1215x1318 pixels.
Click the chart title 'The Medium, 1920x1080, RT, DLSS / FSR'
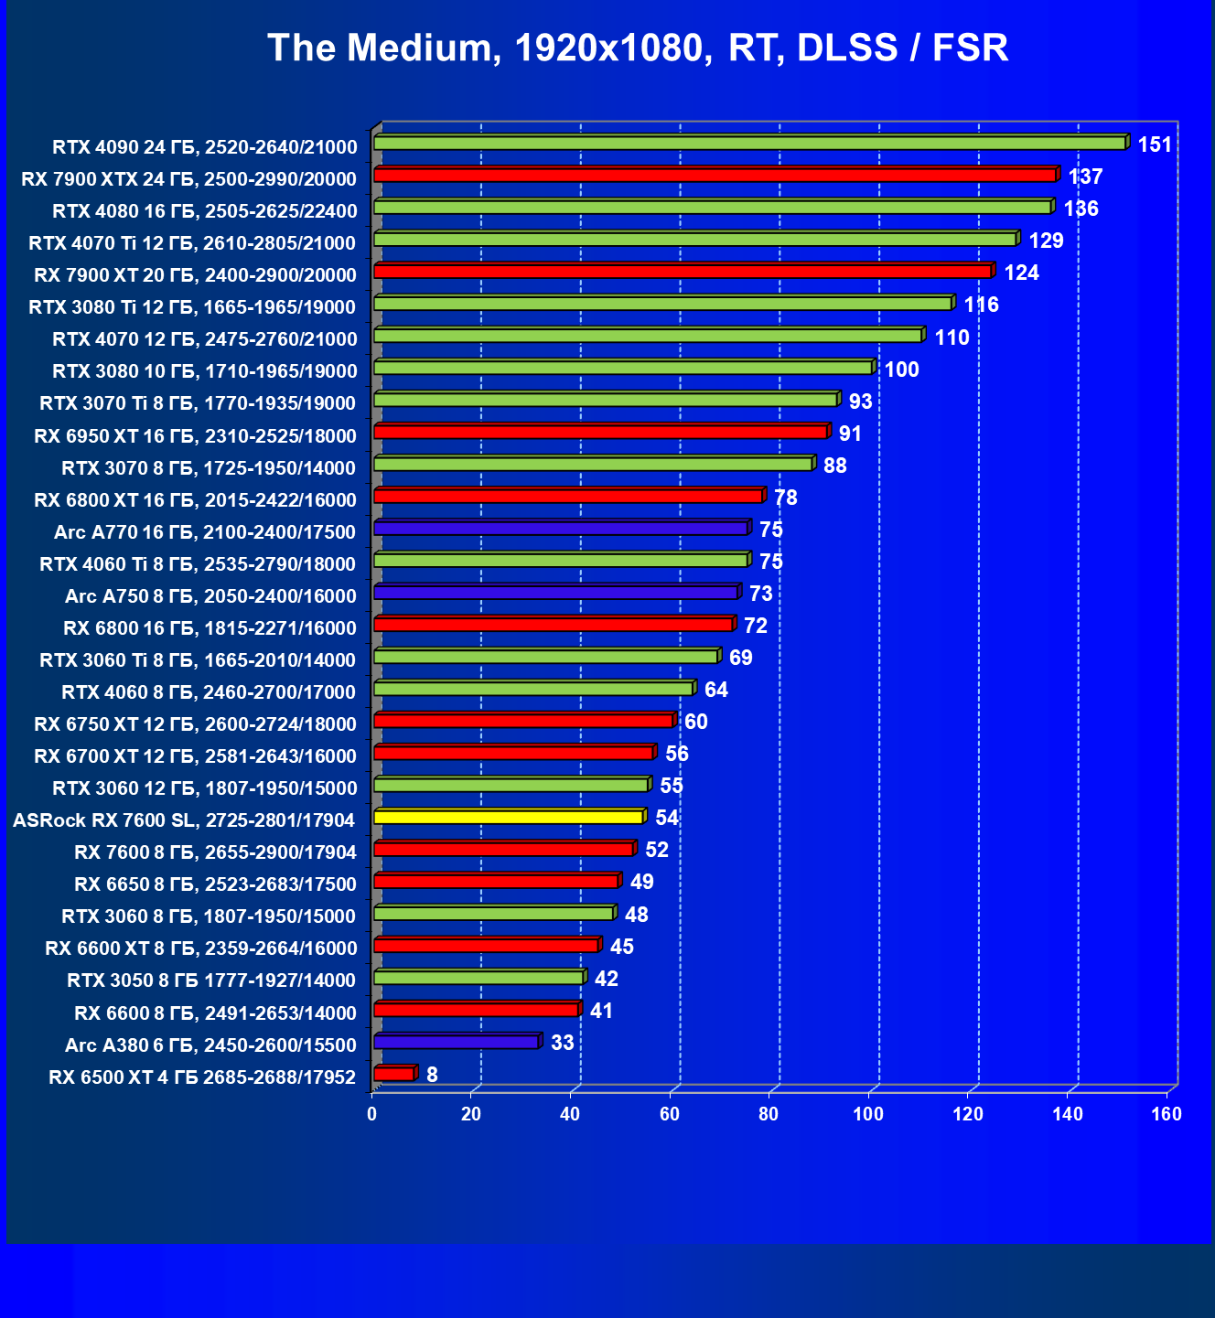coord(638,48)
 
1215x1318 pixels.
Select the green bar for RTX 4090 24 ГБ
coord(749,144)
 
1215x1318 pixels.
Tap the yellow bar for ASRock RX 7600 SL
coord(509,817)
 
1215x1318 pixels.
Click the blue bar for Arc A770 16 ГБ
coord(561,529)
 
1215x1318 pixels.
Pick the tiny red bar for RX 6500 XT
coord(394,1075)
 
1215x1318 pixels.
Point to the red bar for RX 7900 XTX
coord(715,176)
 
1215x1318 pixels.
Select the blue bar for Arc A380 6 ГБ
coord(457,1042)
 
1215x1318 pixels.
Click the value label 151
coord(1155,145)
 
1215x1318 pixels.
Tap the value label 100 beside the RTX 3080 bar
coord(901,370)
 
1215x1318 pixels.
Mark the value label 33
coord(562,1043)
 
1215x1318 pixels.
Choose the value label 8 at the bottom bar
coord(432,1075)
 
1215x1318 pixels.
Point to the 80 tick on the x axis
coord(769,1114)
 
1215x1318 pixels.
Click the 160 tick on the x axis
coord(1167,1114)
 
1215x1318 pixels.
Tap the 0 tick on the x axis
coord(371,1114)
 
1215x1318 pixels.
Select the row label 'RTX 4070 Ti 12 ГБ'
coord(192,242)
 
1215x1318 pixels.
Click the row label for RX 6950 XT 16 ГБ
coord(195,435)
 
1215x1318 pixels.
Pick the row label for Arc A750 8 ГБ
coord(210,596)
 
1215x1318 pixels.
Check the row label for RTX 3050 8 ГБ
coord(211,980)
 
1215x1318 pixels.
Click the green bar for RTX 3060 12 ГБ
coord(511,785)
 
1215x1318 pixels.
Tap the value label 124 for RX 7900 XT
coord(1021,273)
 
